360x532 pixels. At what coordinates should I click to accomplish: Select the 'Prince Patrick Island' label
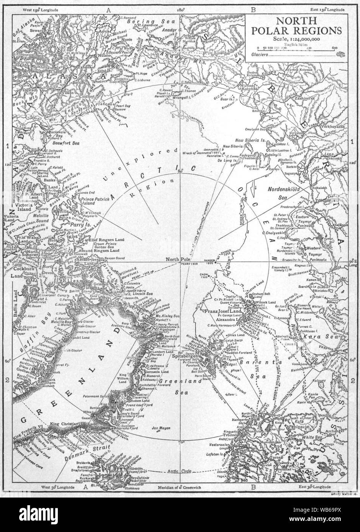93,202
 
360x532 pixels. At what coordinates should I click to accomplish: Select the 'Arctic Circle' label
178,472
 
